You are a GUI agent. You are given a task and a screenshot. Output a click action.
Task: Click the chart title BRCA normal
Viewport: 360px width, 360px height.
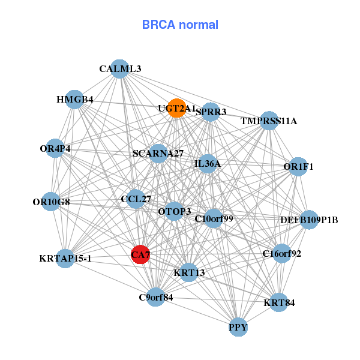pyautogui.click(x=180, y=25)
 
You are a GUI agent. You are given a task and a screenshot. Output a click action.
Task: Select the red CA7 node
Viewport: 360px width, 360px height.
pyautogui.click(x=140, y=254)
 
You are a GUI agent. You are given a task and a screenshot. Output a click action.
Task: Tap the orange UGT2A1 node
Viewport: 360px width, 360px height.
pyautogui.click(x=176, y=108)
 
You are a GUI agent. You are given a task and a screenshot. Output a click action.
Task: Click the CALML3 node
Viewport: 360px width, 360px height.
pyautogui.click(x=120, y=69)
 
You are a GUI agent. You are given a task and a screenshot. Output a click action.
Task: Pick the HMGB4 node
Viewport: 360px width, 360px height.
pyautogui.click(x=74, y=100)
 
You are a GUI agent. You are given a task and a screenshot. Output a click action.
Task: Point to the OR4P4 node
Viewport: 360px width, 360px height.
pyautogui.click(x=55, y=148)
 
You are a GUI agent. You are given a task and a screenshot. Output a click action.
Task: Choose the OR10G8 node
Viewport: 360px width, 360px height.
pyautogui.click(x=52, y=202)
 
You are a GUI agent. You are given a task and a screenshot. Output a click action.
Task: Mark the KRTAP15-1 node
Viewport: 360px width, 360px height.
pyautogui.click(x=65, y=259)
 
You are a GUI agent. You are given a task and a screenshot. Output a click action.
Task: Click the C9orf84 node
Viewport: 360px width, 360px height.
pyautogui.click(x=156, y=297)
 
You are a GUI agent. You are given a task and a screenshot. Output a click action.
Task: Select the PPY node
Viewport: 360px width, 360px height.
pyautogui.click(x=238, y=328)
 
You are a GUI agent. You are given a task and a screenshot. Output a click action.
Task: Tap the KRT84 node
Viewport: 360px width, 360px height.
pyautogui.click(x=279, y=302)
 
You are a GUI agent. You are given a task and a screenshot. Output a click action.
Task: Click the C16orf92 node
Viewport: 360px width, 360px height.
pyautogui.click(x=282, y=254)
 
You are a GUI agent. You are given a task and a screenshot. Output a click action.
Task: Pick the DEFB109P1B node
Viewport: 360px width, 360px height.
pyautogui.click(x=309, y=220)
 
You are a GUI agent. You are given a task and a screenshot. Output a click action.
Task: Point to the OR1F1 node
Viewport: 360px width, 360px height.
pyautogui.click(x=298, y=166)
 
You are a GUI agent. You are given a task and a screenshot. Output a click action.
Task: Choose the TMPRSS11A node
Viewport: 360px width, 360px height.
pyautogui.click(x=269, y=121)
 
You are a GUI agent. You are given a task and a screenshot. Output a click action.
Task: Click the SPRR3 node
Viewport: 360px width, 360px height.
pyautogui.click(x=211, y=112)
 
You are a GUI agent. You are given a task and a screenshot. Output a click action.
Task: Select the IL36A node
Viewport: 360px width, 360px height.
pyautogui.click(x=208, y=164)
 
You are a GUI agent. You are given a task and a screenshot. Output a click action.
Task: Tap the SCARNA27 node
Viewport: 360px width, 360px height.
pyautogui.click(x=158, y=154)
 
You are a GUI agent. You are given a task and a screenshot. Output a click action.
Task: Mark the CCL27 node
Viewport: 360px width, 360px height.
pyautogui.click(x=136, y=199)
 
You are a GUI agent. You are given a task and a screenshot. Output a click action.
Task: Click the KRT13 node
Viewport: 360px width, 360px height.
pyautogui.click(x=189, y=272)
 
